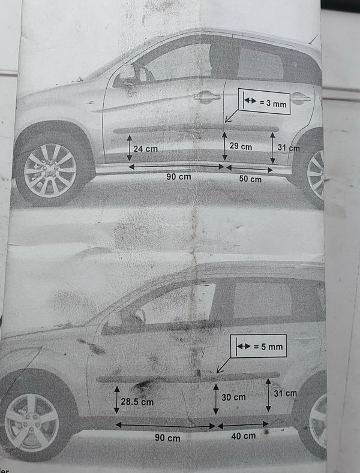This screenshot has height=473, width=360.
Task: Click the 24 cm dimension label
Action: (146, 149)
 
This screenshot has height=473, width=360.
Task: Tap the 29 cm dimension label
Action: (241, 146)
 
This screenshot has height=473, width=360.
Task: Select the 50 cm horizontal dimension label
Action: (250, 179)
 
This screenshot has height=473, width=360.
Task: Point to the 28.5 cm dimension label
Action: (137, 402)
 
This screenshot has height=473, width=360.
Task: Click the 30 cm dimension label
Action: (233, 397)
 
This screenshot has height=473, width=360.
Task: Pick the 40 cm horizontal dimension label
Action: (244, 436)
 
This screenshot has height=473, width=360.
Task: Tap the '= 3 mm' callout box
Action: (264, 102)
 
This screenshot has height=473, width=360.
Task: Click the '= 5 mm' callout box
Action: (259, 346)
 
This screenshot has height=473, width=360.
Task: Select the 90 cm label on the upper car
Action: (179, 176)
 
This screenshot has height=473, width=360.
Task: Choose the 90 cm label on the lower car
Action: (167, 438)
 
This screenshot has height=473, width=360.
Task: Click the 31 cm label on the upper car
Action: (289, 148)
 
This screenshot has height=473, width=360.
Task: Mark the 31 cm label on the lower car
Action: (286, 393)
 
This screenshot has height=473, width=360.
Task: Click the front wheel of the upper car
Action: (50, 170)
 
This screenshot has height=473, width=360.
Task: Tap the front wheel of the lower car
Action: (32, 423)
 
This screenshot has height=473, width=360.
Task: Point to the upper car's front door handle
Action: (207, 97)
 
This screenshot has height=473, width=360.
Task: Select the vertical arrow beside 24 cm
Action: (129, 148)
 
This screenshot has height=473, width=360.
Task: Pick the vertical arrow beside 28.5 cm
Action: (117, 400)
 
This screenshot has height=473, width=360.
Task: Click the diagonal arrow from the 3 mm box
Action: (232, 116)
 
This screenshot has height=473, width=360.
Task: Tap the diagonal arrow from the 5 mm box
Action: (224, 365)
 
